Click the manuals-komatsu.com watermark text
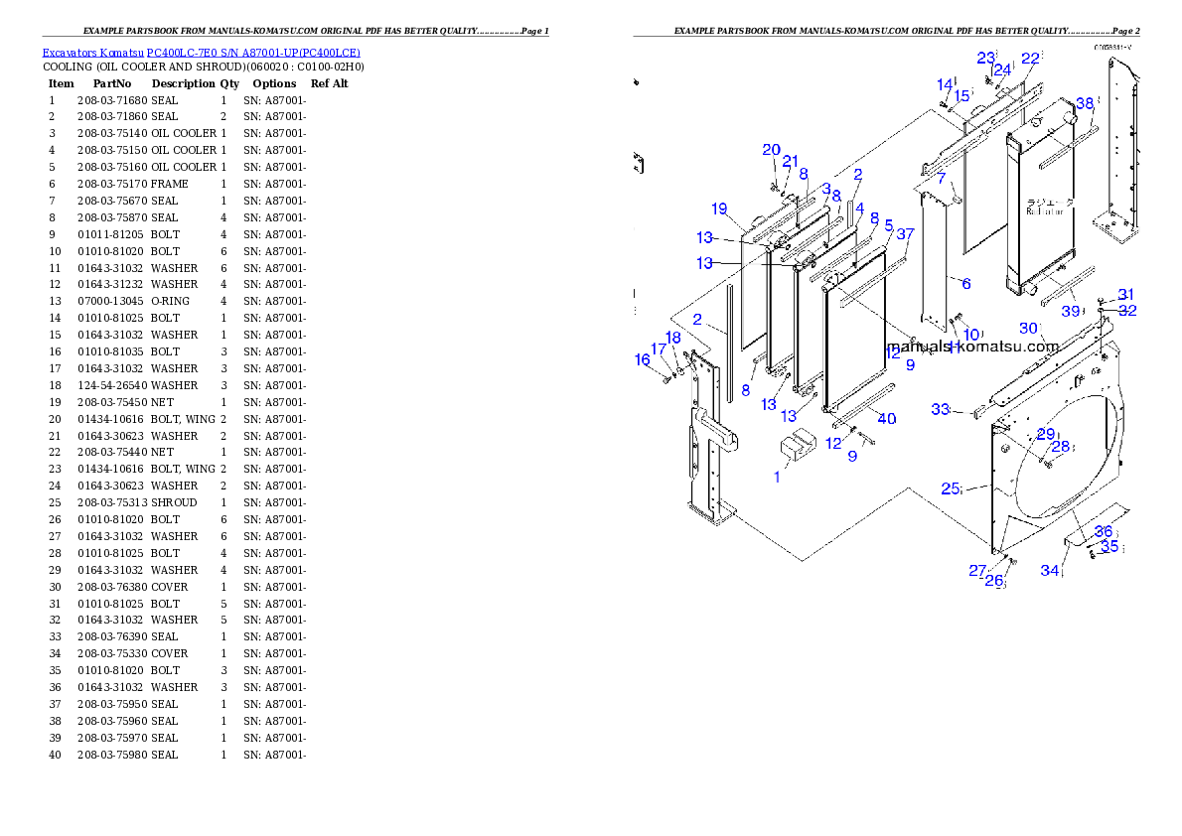pos(972,348)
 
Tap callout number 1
pos(777,477)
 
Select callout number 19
pos(719,209)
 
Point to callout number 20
pos(771,150)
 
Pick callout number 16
pos(643,360)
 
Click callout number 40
pos(886,419)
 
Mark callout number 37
pos(905,234)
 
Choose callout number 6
pos(964,283)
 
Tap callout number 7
pos(941,178)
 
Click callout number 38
pos(1085,103)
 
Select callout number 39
pos(1070,311)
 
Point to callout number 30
pos(1028,329)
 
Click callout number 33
pos(940,409)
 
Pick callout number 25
pos(950,488)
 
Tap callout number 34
pos(1049,570)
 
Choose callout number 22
pos(1030,59)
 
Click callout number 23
pos(985,58)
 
